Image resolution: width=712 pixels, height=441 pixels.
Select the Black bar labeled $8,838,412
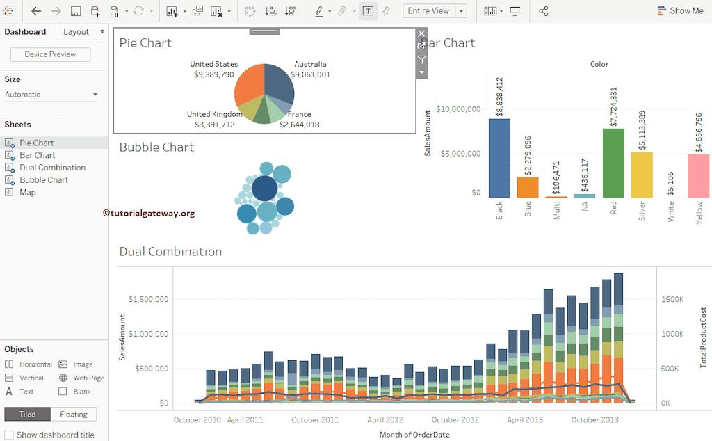coord(499,158)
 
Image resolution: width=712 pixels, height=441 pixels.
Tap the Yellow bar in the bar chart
coord(698,175)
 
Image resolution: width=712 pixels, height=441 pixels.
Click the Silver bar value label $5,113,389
coord(642,130)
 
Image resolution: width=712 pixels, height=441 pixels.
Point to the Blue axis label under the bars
coord(528,209)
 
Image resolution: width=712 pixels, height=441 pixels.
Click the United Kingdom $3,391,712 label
coord(214,120)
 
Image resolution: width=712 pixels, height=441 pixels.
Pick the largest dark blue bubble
coord(265,188)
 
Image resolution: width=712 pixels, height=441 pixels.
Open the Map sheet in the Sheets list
coord(28,192)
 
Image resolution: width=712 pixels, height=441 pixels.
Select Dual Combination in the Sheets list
coord(52,168)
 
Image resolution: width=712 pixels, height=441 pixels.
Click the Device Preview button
coord(50,54)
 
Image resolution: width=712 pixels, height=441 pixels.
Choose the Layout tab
coord(76,32)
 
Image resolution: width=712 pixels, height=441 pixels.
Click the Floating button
coord(73,415)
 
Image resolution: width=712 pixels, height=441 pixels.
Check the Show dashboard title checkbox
coord(9,435)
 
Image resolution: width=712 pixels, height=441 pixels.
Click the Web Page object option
coord(88,378)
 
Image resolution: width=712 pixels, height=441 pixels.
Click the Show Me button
coord(679,11)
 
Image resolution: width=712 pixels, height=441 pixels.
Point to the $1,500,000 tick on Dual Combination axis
coord(148,299)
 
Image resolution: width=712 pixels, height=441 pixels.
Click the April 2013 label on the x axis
coord(525,419)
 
